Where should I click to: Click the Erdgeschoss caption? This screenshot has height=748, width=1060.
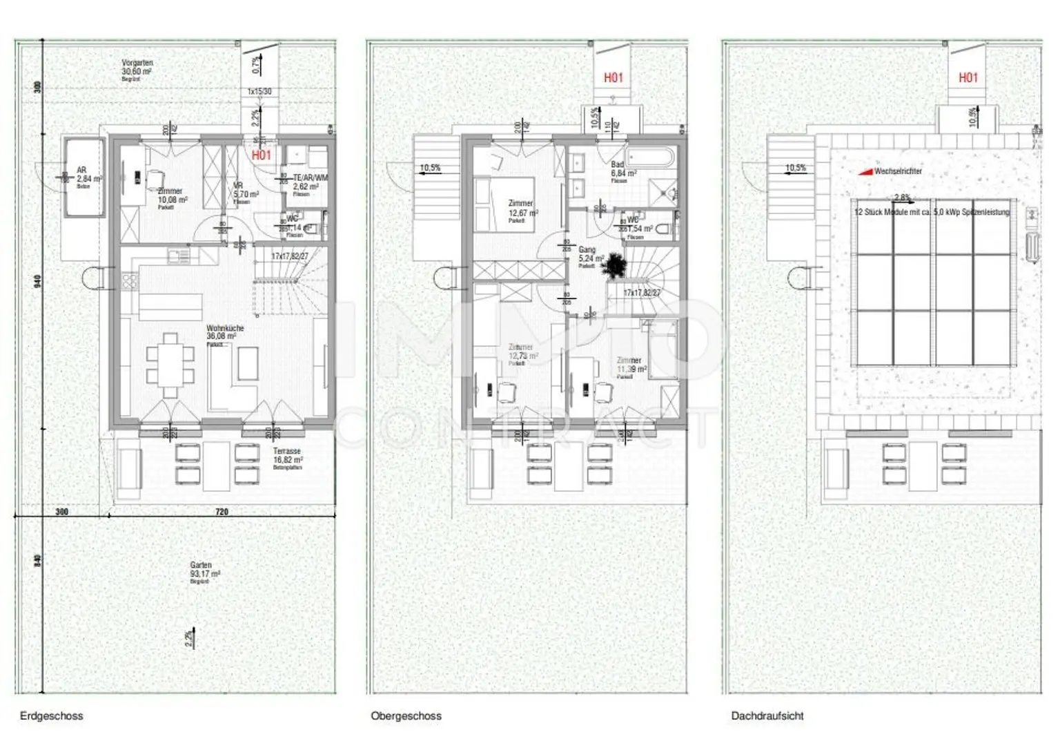pyautogui.click(x=51, y=716)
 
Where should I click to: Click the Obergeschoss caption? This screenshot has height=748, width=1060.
pyautogui.click(x=406, y=716)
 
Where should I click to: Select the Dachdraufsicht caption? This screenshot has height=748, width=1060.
pyautogui.click(x=767, y=716)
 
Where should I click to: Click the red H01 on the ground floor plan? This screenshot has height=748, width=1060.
pyautogui.click(x=262, y=155)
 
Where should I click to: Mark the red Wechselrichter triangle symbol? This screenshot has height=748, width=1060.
pyautogui.click(x=865, y=171)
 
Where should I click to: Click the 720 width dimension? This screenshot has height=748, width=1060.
pyautogui.click(x=222, y=512)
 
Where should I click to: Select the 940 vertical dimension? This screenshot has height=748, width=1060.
pyautogui.click(x=38, y=282)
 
